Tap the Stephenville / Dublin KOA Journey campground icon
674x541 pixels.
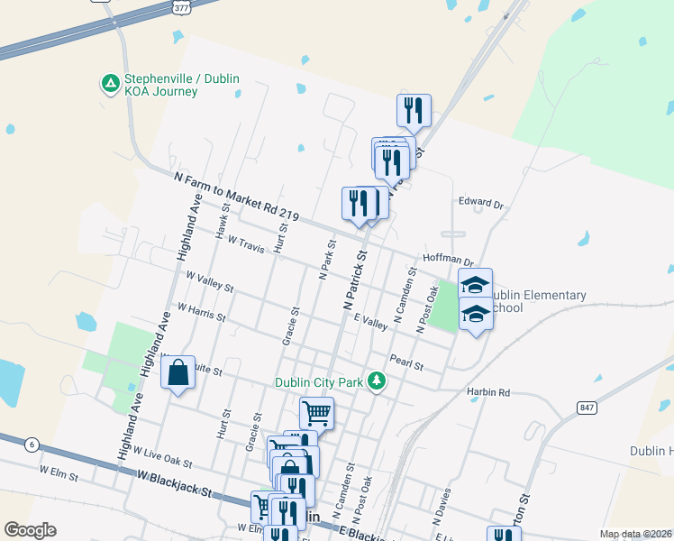[110, 84]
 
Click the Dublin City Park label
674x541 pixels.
[319, 382]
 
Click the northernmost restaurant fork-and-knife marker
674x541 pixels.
[414, 110]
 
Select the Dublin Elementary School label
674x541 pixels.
[542, 301]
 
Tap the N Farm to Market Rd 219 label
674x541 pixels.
[236, 197]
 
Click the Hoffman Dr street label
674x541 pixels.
[448, 260]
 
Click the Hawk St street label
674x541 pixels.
[223, 219]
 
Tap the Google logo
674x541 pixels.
[31, 530]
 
